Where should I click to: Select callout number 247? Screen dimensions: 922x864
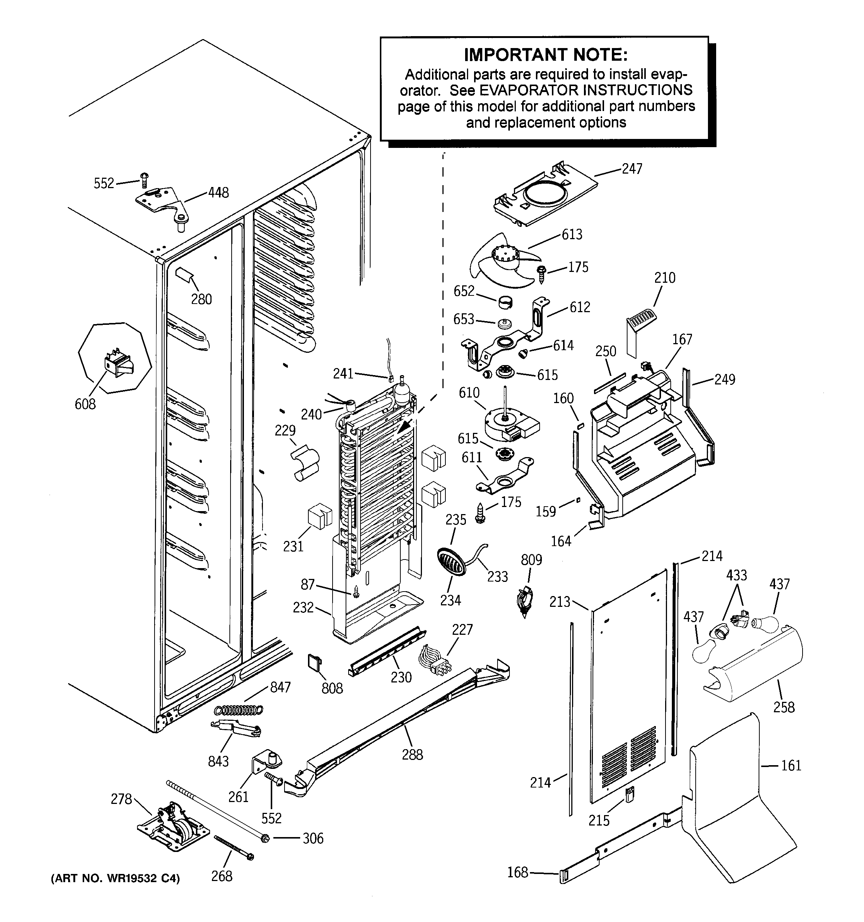point(632,169)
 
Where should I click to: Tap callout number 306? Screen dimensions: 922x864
point(313,839)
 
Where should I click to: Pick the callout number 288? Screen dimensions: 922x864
point(412,755)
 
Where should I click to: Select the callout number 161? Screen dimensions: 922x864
point(791,765)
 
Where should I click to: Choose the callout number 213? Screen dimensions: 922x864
point(559,602)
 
